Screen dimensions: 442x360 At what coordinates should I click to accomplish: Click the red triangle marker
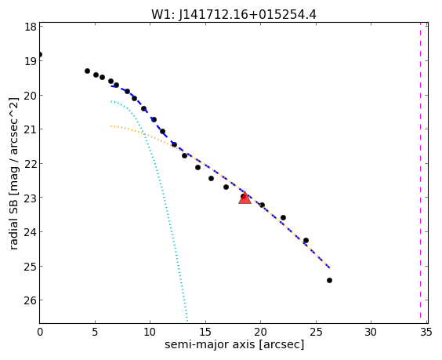point(245,198)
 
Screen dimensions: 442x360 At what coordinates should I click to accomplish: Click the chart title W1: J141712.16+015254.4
point(234,14)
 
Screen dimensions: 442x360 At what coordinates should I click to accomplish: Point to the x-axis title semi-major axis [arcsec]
point(234,344)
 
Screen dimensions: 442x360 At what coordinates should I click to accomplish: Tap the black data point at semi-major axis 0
point(40,54)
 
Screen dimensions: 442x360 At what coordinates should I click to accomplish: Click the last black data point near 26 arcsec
point(329,280)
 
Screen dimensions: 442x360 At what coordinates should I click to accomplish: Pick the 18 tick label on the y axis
point(30,27)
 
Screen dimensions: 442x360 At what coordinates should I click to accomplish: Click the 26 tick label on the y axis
point(30,300)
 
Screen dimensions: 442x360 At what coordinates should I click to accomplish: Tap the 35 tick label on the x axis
point(426,332)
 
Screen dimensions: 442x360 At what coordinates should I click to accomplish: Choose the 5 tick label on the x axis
point(95,332)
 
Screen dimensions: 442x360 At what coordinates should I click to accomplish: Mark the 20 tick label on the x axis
point(260,332)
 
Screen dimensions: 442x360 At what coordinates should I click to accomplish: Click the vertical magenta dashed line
point(420,173)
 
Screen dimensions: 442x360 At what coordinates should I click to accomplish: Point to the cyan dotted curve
point(161,186)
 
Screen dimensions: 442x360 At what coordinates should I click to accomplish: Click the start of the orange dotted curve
point(111,125)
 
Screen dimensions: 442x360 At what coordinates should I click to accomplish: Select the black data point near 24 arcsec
point(306,240)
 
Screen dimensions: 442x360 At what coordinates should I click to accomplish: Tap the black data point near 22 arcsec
point(283,217)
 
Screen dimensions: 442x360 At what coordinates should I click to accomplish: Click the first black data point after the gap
point(88,71)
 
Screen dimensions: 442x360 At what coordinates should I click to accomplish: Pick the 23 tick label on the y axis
point(30,198)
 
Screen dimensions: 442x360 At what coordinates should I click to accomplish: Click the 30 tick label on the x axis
point(371,332)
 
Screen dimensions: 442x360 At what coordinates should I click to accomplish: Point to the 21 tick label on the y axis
point(30,129)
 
